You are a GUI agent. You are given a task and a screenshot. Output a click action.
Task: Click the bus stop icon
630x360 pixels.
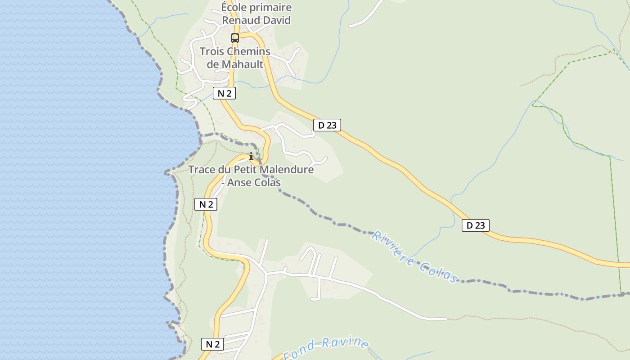pyautogui.click(x=235, y=38)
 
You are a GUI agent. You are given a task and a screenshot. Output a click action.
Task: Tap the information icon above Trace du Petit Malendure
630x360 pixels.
pyautogui.click(x=251, y=156)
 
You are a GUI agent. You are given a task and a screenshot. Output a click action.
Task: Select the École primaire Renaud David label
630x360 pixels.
pyautogui.click(x=256, y=14)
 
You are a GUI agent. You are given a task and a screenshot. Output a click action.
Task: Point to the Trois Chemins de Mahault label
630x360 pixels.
pyautogui.click(x=235, y=58)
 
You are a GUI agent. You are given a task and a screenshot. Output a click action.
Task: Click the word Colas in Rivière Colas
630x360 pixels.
pyautogui.click(x=438, y=271)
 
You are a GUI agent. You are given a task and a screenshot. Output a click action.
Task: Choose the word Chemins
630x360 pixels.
pyautogui.click(x=248, y=51)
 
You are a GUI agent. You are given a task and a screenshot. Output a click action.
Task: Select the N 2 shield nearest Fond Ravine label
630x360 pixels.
pyautogui.click(x=212, y=344)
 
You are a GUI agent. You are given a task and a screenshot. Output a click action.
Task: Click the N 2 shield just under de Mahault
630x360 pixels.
pyautogui.click(x=224, y=93)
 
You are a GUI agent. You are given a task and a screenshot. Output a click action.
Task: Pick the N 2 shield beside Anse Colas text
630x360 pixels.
pyautogui.click(x=206, y=204)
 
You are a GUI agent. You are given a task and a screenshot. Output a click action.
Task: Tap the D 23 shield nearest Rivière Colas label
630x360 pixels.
pyautogui.click(x=475, y=225)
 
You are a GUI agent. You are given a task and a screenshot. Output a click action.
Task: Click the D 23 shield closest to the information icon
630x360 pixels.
pyautogui.click(x=327, y=125)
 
